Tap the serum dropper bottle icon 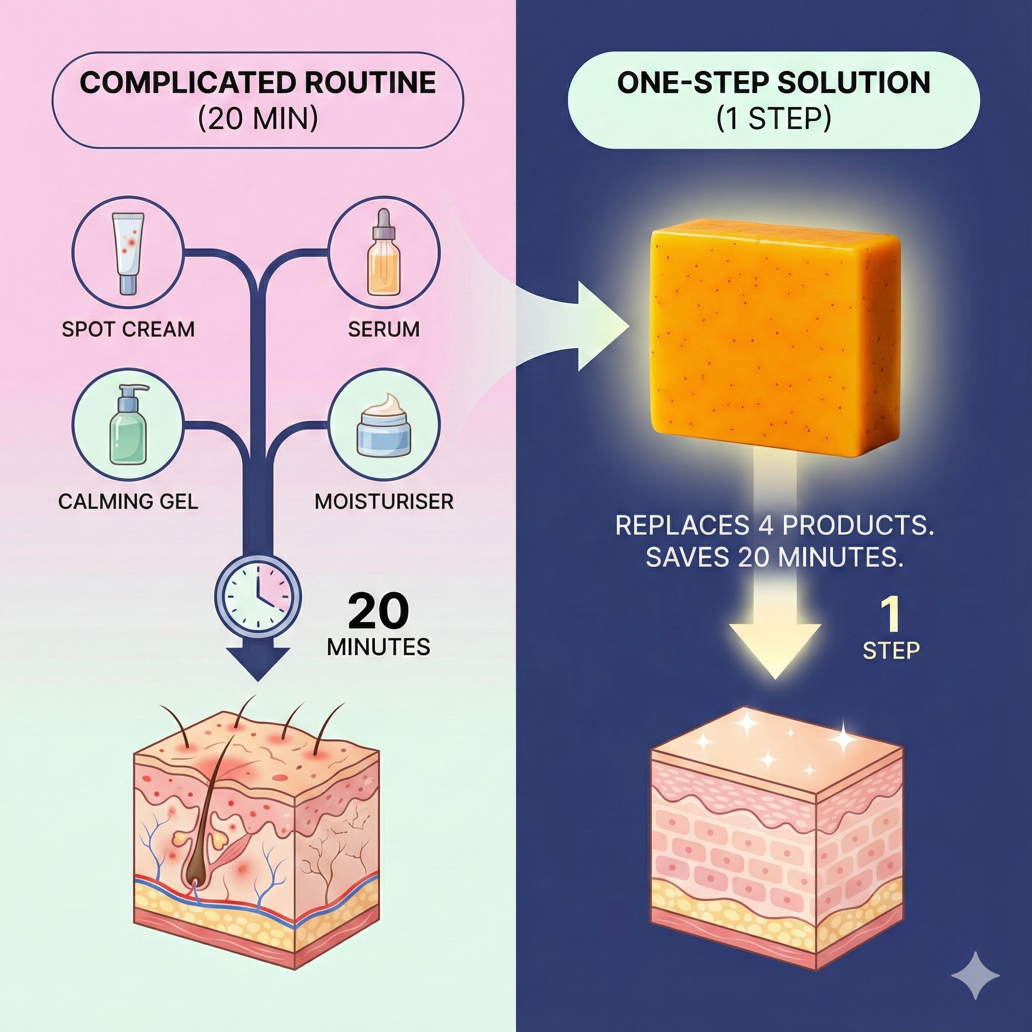pos(383,253)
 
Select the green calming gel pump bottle pos(127,425)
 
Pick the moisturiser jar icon pos(383,425)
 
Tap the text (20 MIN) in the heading pos(258,118)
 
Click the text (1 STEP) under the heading pos(773,118)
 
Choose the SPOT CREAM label pos(128,329)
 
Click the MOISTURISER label pos(383,501)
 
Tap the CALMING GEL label pos(128,501)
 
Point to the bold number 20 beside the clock pos(378,612)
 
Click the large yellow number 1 pos(890,615)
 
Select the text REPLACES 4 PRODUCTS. pos(774,526)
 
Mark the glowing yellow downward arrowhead pos(775,650)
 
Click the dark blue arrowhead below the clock pos(258,663)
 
